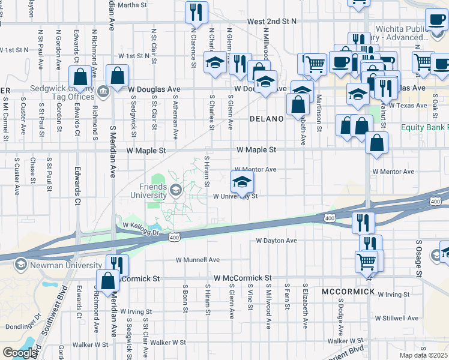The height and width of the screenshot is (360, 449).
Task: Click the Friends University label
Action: [149, 191]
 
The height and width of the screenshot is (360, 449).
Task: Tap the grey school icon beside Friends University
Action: [175, 191]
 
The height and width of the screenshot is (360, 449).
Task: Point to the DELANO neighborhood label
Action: [267, 119]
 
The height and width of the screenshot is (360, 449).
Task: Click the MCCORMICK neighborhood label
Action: [348, 292]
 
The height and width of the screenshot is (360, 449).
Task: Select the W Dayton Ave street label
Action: [276, 241]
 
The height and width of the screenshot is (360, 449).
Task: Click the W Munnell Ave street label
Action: [197, 260]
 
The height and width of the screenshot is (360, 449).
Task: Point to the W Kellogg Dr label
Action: [140, 227]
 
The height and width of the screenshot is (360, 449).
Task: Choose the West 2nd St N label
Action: [271, 21]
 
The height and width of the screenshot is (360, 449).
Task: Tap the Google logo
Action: [20, 353]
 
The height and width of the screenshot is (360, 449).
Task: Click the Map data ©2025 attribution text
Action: [424, 355]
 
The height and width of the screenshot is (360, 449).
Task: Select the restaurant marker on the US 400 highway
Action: [363, 222]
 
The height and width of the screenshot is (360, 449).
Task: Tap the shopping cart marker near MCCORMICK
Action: [367, 261]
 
